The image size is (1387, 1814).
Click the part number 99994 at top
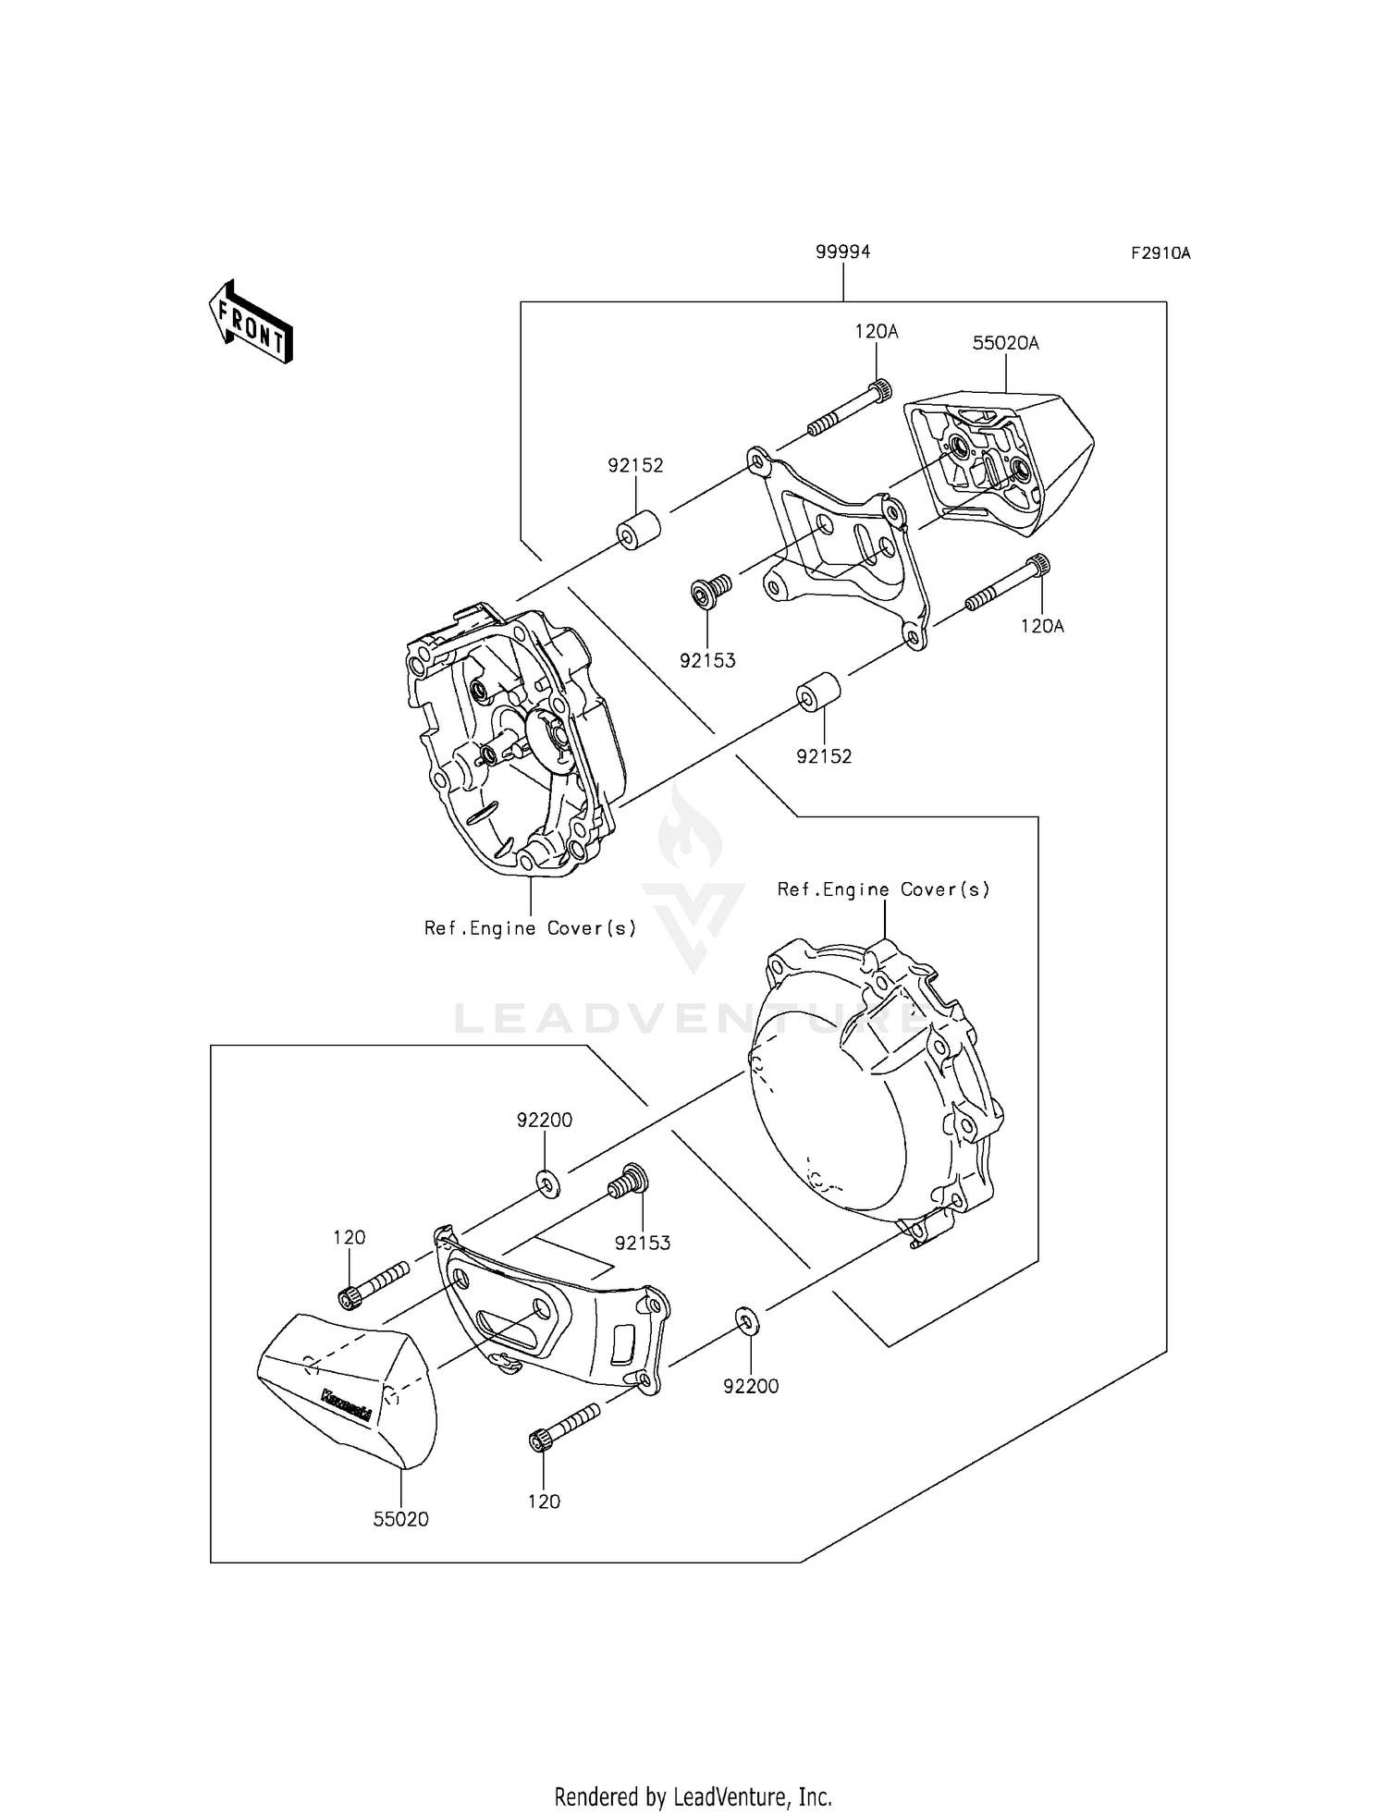[842, 252]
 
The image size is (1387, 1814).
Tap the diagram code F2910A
[1160, 253]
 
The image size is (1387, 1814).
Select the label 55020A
[1005, 344]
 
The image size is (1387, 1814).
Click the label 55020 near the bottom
[401, 1519]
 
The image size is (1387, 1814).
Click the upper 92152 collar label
[635, 466]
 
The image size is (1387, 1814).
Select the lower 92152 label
[824, 756]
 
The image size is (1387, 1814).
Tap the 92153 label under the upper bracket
[707, 661]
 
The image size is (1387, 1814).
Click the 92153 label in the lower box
[643, 1244]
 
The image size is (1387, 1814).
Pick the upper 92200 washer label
[545, 1121]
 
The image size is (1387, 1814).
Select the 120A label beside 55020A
[876, 331]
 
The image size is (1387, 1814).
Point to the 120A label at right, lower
[1042, 626]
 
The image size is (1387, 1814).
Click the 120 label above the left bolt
[350, 1238]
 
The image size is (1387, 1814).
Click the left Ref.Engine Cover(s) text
[531, 928]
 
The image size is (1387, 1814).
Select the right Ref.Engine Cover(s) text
[883, 889]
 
